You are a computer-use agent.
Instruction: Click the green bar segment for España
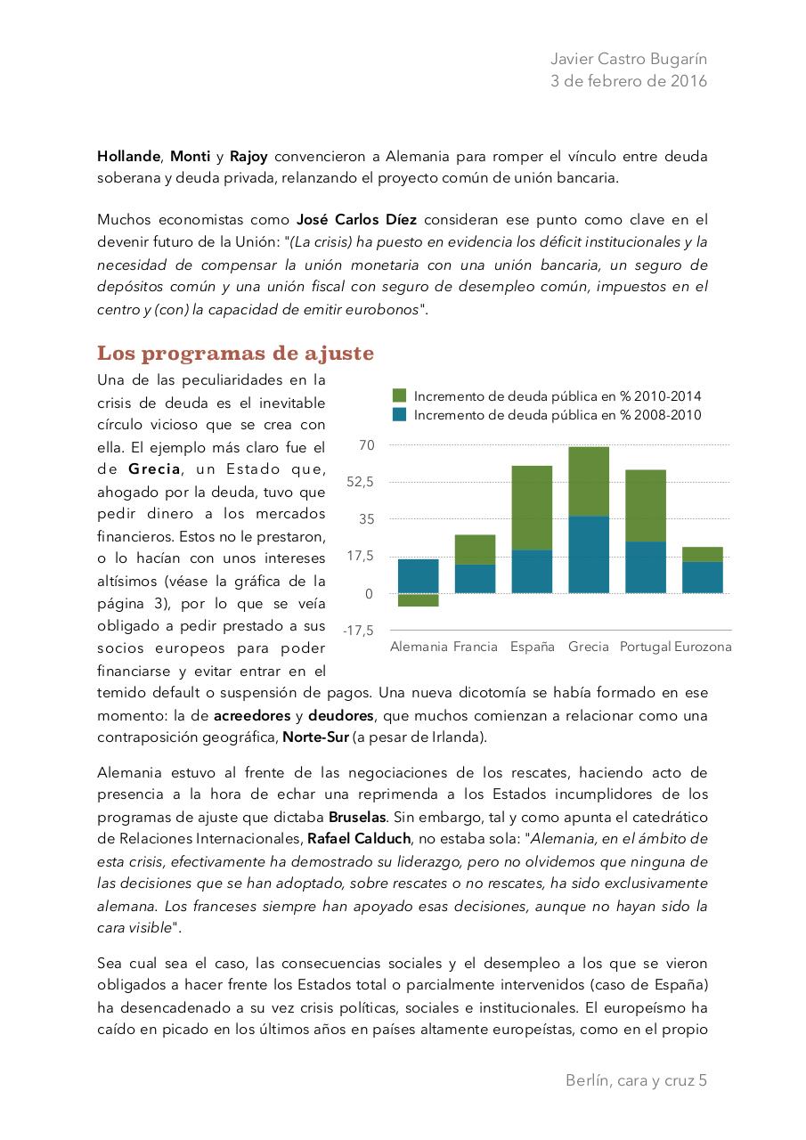[532, 508]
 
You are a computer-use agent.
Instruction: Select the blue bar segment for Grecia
[589, 554]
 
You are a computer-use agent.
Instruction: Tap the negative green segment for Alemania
[419, 600]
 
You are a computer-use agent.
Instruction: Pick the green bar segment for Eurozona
[703, 554]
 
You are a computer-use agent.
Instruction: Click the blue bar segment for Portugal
[646, 567]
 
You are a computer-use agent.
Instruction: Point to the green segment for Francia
[475, 550]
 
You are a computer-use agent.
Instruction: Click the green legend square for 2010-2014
[399, 395]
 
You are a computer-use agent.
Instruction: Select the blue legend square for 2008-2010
[399, 415]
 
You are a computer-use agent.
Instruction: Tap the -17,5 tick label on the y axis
[359, 631]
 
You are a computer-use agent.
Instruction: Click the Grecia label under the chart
[589, 647]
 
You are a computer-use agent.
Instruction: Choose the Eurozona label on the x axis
[703, 647]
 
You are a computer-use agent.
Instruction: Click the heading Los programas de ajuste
[235, 354]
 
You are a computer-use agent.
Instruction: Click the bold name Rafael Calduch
[361, 838]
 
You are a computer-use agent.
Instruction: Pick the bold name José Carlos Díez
[356, 219]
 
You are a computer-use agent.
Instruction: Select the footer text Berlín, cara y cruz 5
[636, 1080]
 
